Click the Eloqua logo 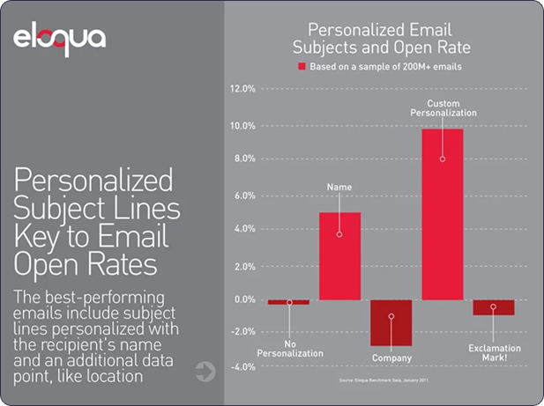[60, 40]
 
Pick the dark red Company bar [391, 322]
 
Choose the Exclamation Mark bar [493, 307]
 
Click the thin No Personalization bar [288, 302]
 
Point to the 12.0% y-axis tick [242, 89]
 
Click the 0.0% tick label [243, 300]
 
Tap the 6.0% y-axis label [243, 195]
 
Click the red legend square [301, 67]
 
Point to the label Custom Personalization [444, 108]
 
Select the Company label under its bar [391, 359]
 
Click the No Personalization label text [289, 348]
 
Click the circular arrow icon [205, 372]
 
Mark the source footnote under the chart [391, 380]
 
